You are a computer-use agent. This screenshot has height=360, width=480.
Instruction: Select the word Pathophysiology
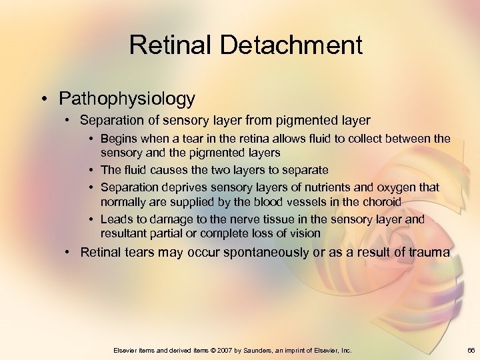[x=127, y=99]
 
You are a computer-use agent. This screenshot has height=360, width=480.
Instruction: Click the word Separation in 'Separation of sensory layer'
[x=109, y=121]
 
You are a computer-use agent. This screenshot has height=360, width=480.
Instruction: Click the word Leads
[x=117, y=219]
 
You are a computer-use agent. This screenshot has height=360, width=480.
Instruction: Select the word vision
[x=305, y=233]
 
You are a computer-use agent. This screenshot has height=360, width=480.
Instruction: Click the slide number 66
[x=471, y=350]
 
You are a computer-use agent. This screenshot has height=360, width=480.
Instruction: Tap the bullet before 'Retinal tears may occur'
[x=69, y=252]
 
